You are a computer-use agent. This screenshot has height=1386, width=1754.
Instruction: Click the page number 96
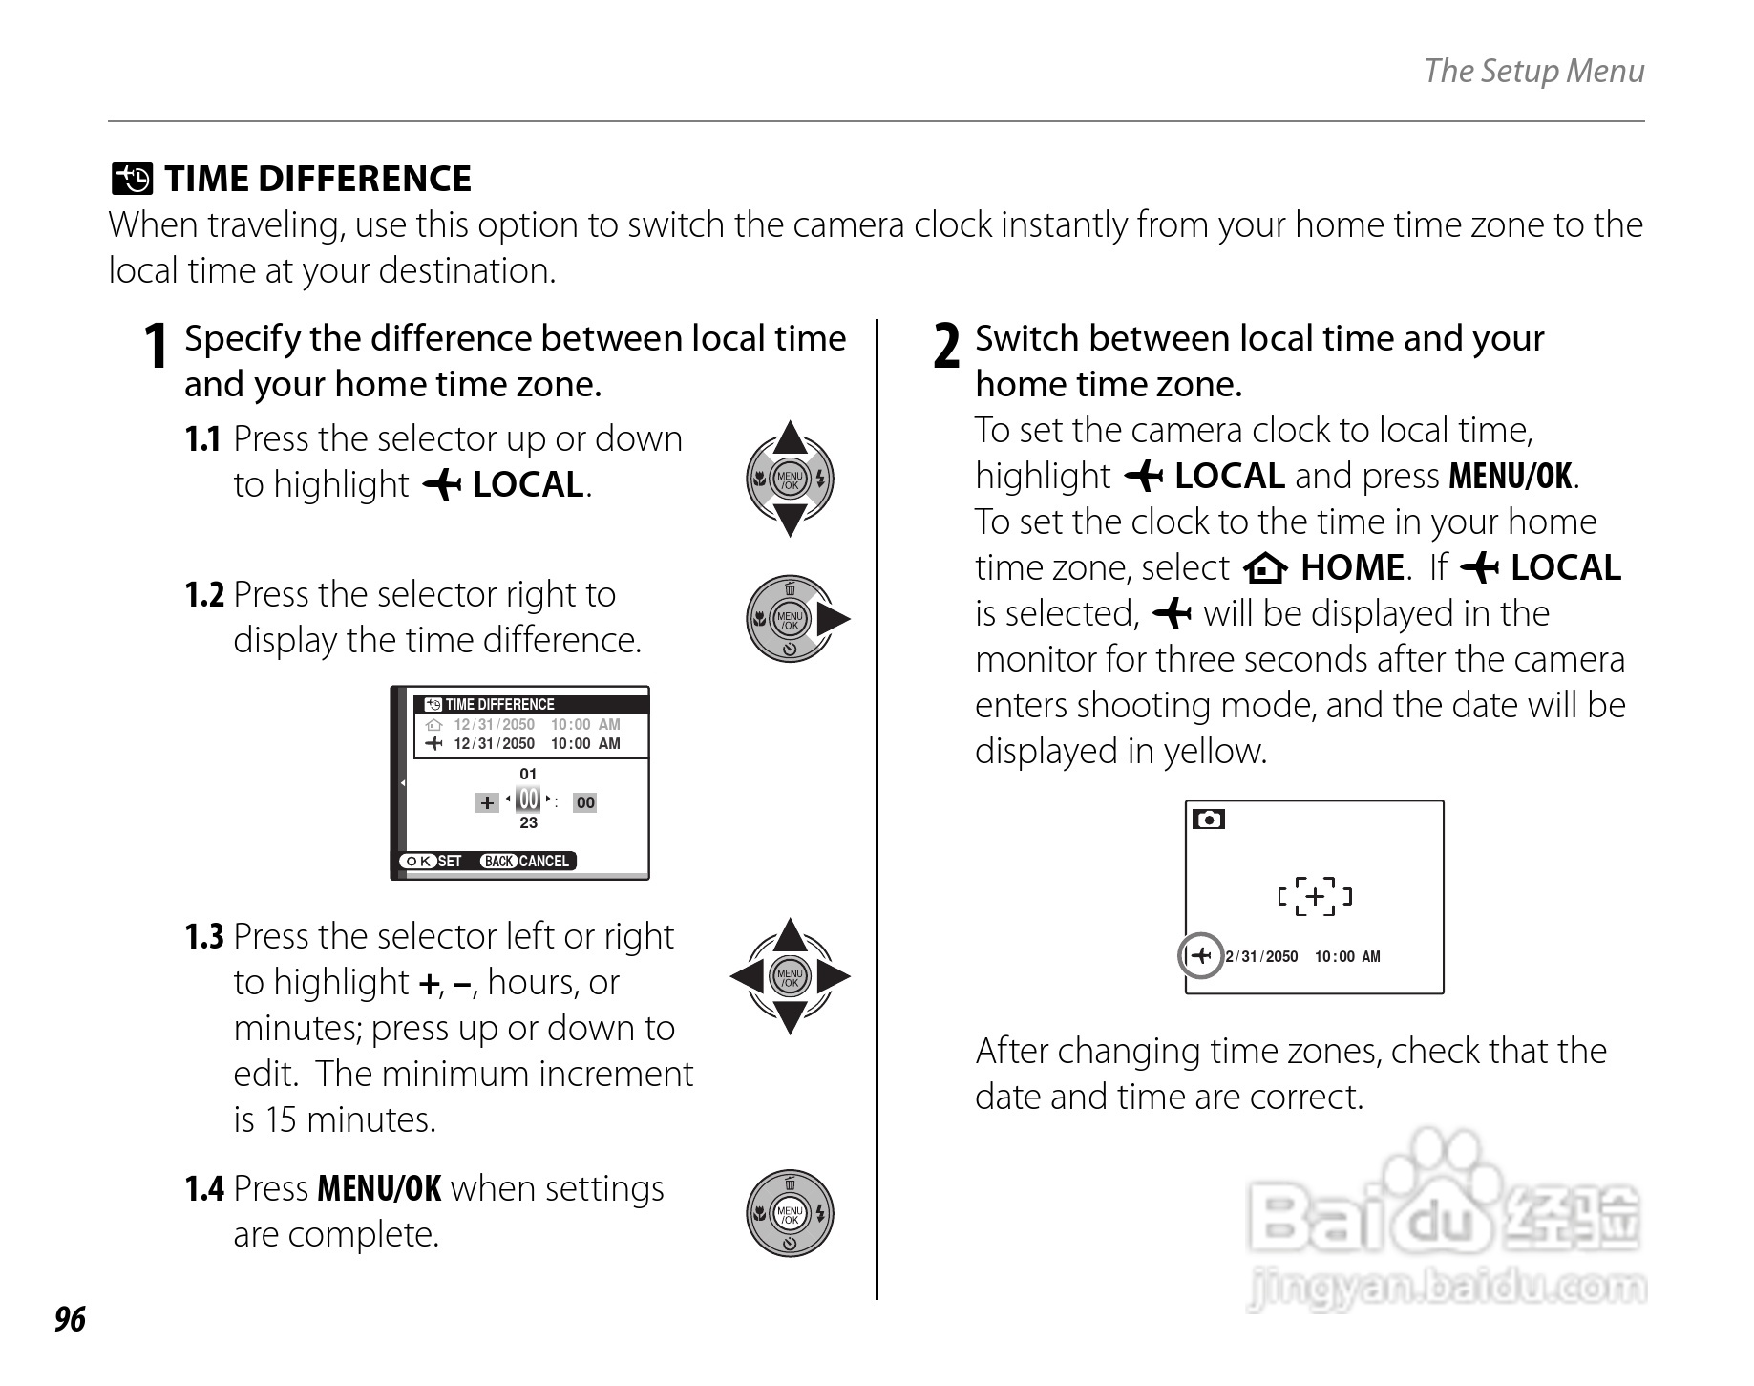coord(70,1319)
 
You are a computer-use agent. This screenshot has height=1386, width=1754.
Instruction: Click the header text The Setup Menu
coord(1533,71)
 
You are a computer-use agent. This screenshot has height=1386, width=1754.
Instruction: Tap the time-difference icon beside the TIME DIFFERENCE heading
coord(132,179)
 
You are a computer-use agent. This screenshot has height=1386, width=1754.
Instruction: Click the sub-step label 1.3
coord(204,937)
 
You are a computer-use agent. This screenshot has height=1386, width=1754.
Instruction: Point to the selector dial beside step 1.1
coord(790,480)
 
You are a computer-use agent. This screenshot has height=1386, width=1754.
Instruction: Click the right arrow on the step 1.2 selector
coord(834,619)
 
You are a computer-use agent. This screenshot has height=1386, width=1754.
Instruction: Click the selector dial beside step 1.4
coord(790,1213)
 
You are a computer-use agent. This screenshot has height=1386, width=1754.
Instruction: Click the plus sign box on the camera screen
coord(487,802)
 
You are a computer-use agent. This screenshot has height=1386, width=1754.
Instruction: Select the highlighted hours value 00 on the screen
coord(528,800)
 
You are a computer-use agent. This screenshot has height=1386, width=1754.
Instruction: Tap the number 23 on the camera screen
coord(528,823)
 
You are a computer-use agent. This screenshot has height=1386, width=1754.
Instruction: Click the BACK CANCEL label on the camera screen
coord(526,861)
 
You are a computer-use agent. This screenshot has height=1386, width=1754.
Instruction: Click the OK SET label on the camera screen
coord(432,861)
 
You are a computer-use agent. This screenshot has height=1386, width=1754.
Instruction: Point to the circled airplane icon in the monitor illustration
coord(1201,955)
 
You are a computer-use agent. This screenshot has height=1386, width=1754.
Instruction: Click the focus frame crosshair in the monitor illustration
coord(1315,896)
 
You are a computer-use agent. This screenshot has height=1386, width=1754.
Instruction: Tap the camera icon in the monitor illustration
coord(1209,820)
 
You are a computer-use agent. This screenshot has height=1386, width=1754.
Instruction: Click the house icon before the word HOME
coord(1265,569)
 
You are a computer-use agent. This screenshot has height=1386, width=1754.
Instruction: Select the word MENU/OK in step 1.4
coord(379,1189)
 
